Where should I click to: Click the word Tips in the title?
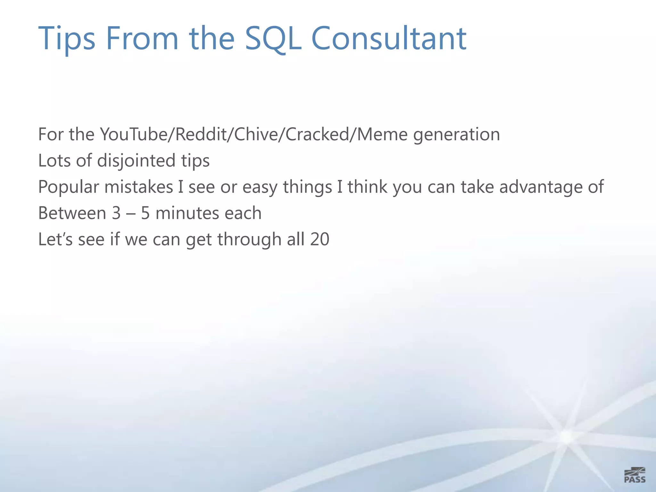tap(67, 39)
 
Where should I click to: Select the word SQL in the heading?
tap(273, 39)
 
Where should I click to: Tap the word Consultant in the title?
tap(389, 39)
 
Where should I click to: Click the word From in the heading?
tap(142, 39)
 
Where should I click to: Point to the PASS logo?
tap(635, 475)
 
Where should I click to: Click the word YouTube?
tap(133, 135)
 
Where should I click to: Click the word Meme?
tap(382, 135)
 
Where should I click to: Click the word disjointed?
tap(136, 161)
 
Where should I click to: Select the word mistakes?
tap(138, 187)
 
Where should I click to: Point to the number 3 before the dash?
tap(116, 213)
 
